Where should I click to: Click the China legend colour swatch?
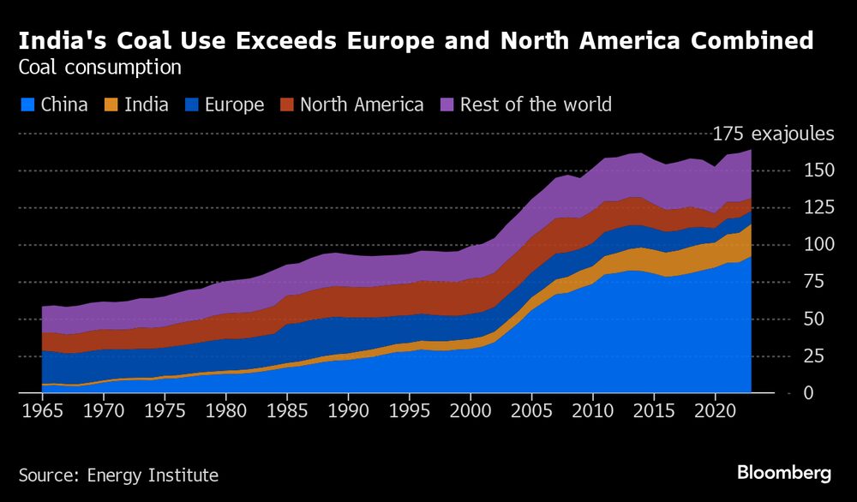pyautogui.click(x=26, y=105)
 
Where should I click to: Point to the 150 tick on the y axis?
pyautogui.click(x=819, y=170)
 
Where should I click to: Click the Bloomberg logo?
pyautogui.click(x=784, y=472)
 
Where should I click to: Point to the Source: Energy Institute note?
pyautogui.click(x=118, y=475)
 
